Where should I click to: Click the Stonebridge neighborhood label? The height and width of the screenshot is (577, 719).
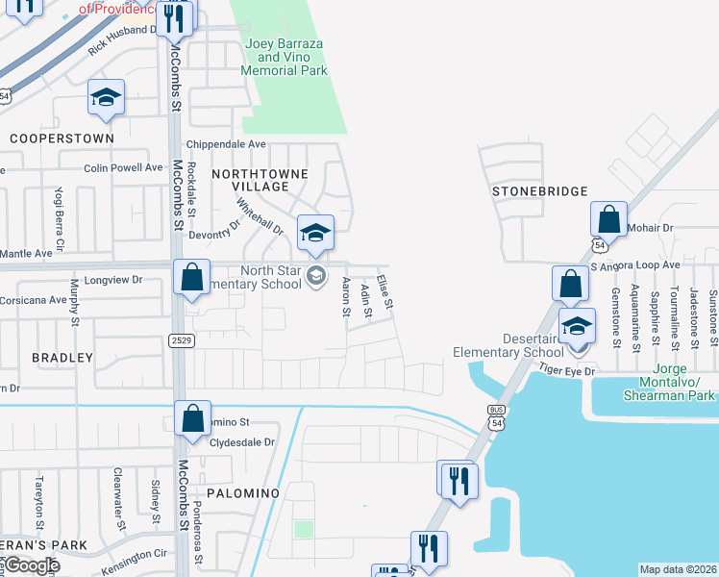tap(539, 191)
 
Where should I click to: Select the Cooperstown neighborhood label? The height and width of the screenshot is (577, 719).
tap(62, 138)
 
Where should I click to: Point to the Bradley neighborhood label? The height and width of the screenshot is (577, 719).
tap(62, 358)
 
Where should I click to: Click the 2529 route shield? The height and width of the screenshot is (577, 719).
tap(180, 339)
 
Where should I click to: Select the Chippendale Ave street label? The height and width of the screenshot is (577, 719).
tap(225, 144)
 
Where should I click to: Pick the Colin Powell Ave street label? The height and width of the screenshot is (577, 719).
tap(123, 167)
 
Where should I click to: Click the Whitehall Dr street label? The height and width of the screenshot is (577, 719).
tap(260, 217)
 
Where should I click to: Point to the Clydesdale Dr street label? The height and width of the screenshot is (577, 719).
tap(242, 442)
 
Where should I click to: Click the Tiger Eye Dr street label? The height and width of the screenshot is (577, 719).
tap(567, 370)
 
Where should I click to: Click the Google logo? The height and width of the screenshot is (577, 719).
tap(32, 565)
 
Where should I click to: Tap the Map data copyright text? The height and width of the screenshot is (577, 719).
tap(679, 569)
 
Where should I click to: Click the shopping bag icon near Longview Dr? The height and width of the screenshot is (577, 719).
tap(192, 277)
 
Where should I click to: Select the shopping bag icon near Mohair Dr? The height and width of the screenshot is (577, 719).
tap(609, 220)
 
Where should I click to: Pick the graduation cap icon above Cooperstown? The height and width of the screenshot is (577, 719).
tap(106, 98)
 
